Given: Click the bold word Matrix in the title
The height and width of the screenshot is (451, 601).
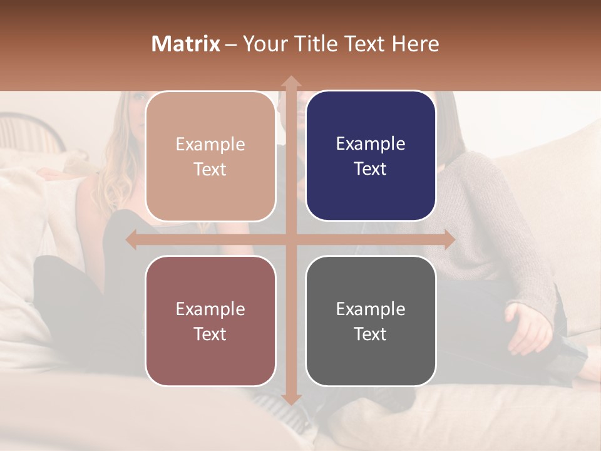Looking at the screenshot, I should (185, 44).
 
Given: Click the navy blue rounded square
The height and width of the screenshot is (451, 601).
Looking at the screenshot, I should (371, 156).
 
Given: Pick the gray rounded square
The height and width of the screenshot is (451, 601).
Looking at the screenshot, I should (371, 321).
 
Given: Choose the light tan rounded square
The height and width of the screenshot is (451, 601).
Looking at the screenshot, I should (210, 156).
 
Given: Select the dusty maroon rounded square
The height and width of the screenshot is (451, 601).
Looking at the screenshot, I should (210, 321).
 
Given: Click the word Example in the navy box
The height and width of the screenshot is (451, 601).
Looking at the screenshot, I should (371, 143).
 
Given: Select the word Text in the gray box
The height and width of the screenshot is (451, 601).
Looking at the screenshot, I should (371, 334).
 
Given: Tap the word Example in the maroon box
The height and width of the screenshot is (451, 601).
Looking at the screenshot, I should (210, 309).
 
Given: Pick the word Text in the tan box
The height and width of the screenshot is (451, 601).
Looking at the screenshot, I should (210, 169).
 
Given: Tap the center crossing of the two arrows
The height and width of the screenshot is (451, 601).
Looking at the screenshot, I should (291, 240).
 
